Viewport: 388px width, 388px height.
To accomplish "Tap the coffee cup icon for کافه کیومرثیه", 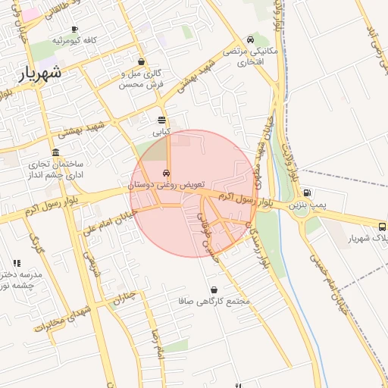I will point(74,29).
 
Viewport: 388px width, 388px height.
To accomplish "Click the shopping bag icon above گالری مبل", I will point(142,62).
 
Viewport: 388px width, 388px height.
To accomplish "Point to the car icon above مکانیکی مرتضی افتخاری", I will point(250,39).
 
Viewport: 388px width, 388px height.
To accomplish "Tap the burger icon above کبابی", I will point(162,120).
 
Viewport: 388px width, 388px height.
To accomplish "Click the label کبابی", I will point(162,132).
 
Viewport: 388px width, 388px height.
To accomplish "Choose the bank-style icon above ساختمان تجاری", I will point(56,152).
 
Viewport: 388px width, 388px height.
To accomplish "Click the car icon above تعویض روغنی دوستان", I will point(167,173).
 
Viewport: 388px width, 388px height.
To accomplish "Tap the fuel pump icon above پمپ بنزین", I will point(307,193).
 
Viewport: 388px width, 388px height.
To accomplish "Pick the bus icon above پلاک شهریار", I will point(382,226).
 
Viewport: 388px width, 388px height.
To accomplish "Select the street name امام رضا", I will point(157,345).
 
